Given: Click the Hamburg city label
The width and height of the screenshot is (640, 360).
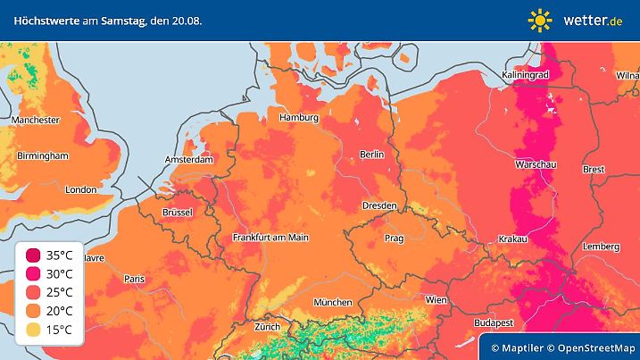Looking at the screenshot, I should (x=299, y=118).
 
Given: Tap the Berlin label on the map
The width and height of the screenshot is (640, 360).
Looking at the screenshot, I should (x=371, y=155).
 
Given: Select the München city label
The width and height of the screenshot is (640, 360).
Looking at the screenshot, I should (x=332, y=302).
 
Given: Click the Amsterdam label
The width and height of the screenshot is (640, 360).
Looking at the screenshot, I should (x=189, y=160).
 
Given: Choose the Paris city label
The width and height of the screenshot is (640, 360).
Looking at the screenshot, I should (x=134, y=280).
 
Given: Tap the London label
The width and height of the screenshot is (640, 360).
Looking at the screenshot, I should (x=81, y=189).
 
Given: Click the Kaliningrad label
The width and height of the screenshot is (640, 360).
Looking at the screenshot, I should (x=526, y=76).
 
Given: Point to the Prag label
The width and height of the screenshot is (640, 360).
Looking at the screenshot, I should (x=395, y=239).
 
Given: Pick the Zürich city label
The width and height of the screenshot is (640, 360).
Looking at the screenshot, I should (x=268, y=327).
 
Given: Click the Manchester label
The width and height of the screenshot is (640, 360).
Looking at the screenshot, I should (x=36, y=120).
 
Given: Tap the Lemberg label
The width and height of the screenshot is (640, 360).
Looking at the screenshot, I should (x=600, y=247).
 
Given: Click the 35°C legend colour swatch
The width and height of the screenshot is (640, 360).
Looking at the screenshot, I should (x=32, y=255).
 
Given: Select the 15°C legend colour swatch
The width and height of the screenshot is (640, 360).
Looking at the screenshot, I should (x=32, y=331).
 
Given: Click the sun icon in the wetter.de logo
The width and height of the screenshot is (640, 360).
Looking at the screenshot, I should (x=540, y=21).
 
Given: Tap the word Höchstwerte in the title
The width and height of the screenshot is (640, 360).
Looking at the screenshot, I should (x=46, y=20).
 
